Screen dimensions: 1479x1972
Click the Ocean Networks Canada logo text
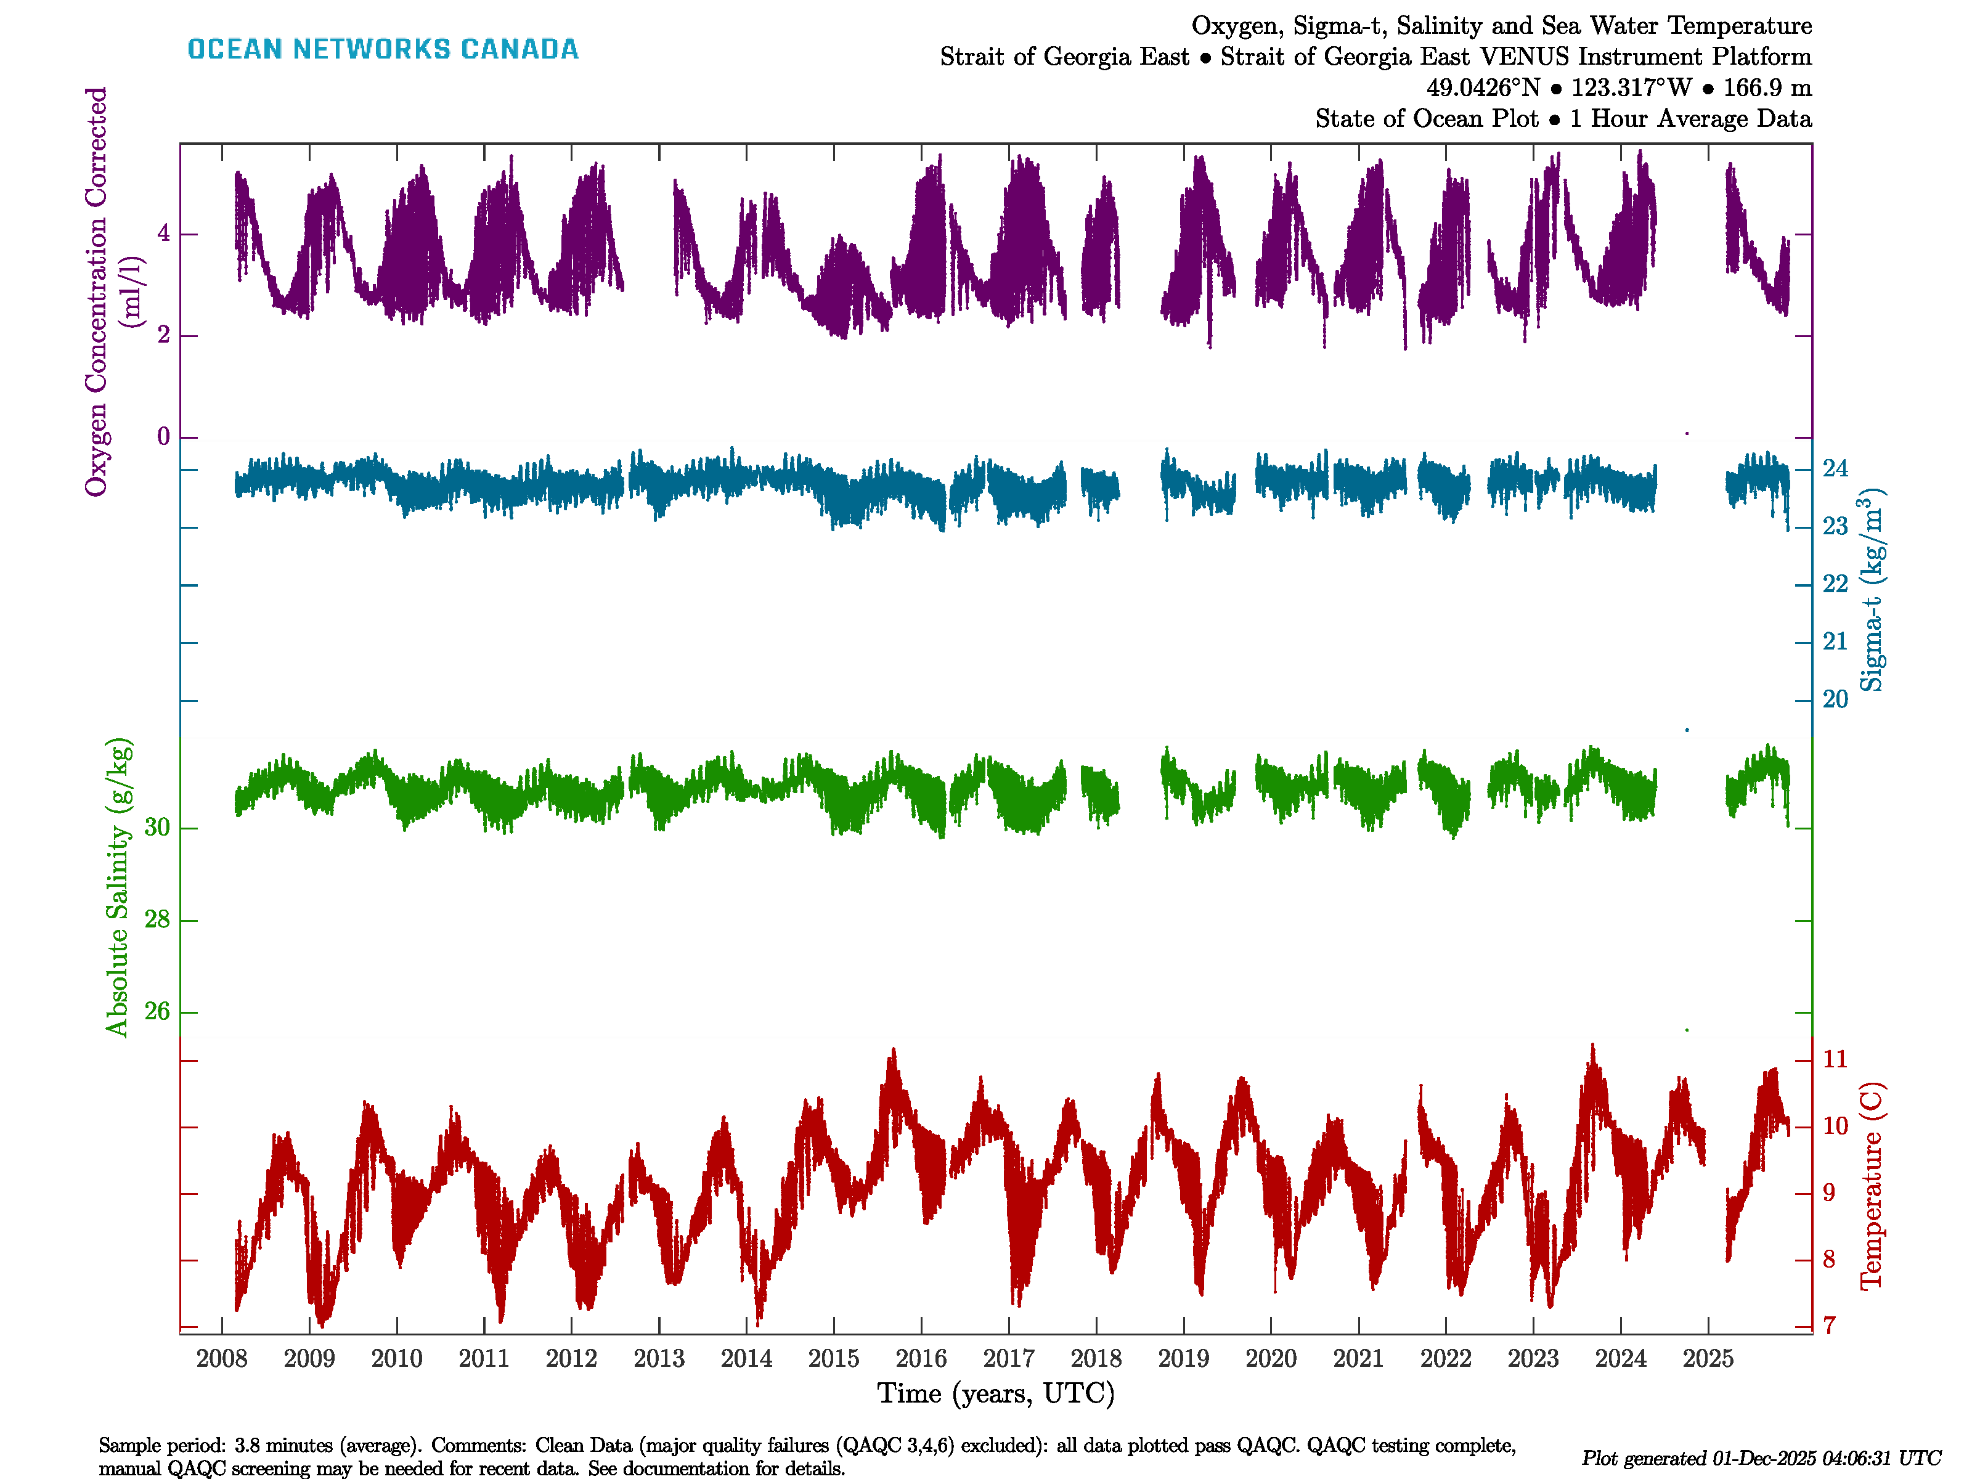coord(383,49)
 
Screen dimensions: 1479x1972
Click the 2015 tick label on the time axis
coord(834,1359)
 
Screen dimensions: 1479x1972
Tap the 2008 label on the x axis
coord(222,1359)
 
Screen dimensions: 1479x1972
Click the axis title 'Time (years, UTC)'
coord(996,1393)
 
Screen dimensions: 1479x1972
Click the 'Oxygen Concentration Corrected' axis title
coord(96,291)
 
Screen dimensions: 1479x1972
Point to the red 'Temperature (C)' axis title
coord(1872,1186)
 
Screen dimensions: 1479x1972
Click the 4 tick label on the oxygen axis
coord(163,234)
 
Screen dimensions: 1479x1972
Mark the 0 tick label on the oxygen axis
coord(163,437)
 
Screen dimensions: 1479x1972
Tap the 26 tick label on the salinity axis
coord(157,1012)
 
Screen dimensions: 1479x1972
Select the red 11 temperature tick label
coord(1835,1060)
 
